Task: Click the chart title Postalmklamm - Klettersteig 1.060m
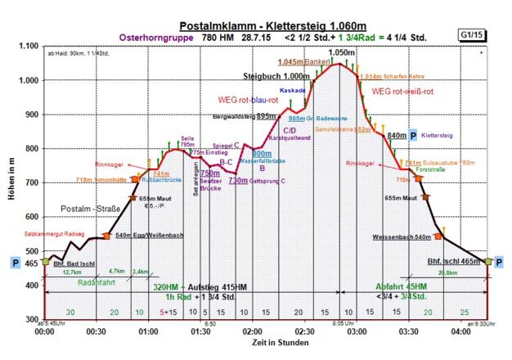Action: [264, 25]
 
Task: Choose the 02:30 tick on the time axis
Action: [304, 333]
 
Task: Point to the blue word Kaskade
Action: [293, 89]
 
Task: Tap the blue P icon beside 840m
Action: [413, 134]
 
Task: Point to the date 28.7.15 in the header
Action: [252, 38]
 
